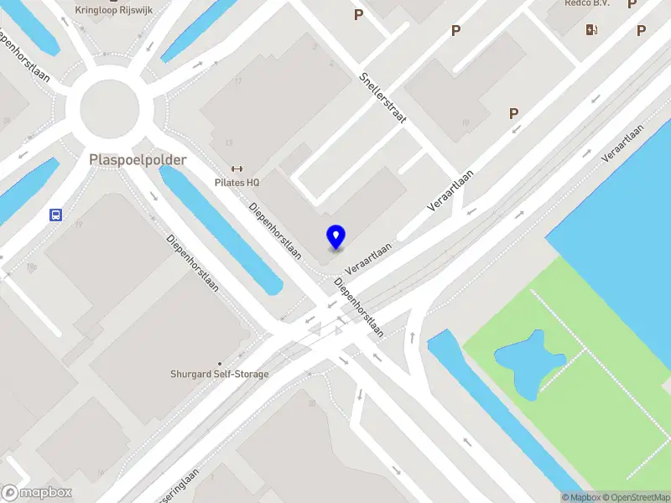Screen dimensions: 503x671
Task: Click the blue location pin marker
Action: pyautogui.click(x=335, y=237)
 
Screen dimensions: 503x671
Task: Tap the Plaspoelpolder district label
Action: pyautogui.click(x=138, y=159)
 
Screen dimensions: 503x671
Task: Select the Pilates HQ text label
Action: pyautogui.click(x=237, y=182)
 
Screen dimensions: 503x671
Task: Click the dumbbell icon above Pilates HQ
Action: pyautogui.click(x=237, y=169)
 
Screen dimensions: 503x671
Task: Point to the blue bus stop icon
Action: pyautogui.click(x=55, y=215)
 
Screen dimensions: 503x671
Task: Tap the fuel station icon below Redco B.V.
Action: pyautogui.click(x=592, y=30)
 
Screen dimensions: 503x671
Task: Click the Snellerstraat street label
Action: pyautogui.click(x=382, y=97)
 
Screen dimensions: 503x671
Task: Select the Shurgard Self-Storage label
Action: pyautogui.click(x=220, y=374)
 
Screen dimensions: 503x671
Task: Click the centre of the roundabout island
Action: pyautogui.click(x=109, y=108)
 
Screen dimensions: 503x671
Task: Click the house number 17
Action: pyautogui.click(x=239, y=81)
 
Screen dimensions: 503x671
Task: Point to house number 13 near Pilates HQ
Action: pyautogui.click(x=228, y=143)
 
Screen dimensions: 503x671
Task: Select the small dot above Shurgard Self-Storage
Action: pyautogui.click(x=220, y=363)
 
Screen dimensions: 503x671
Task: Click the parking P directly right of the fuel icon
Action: pyautogui.click(x=641, y=31)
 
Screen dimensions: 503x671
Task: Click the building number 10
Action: pyautogui.click(x=466, y=122)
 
